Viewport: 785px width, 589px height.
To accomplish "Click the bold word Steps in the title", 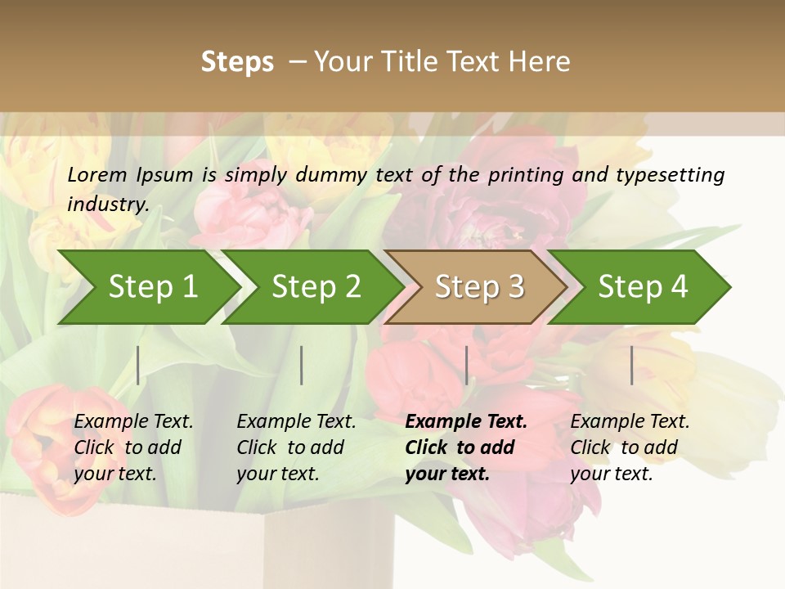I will click(x=237, y=62).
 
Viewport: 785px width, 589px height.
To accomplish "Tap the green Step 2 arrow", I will click(x=316, y=286).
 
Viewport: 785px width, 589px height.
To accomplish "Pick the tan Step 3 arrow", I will click(x=479, y=286).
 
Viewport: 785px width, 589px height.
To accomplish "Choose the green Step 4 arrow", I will click(x=643, y=286).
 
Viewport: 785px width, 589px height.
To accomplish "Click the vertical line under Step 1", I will click(x=138, y=365).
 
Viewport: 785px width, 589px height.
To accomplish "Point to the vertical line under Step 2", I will click(x=302, y=365).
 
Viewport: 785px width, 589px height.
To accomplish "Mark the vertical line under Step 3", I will click(x=467, y=365).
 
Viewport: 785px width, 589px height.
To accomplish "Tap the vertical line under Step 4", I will click(x=632, y=365).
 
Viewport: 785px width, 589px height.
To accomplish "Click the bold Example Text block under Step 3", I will click(x=466, y=447).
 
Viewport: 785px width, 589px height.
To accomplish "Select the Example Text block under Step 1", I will click(x=133, y=447).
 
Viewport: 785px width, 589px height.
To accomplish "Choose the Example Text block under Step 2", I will click(x=296, y=447).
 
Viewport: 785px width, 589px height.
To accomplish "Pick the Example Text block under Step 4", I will click(x=630, y=447).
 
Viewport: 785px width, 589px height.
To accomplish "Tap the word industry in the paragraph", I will click(x=108, y=204).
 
